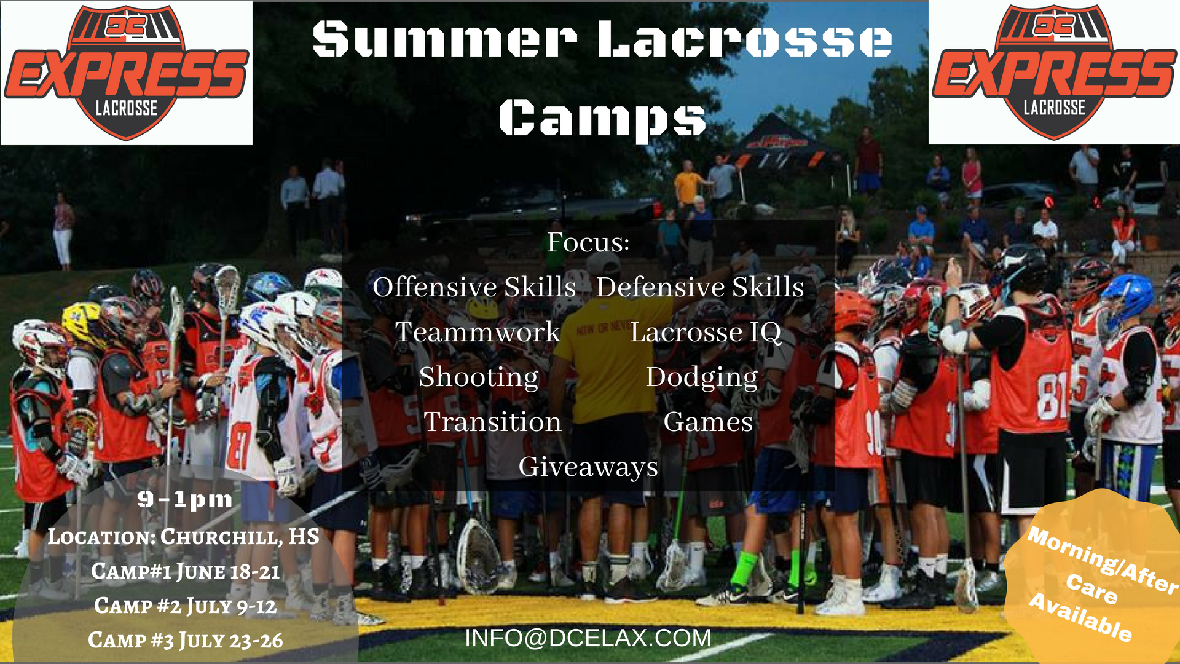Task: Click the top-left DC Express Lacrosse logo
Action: pos(126,73)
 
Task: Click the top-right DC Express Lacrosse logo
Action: pos(1053,73)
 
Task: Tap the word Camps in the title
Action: pos(602,118)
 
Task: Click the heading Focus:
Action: pos(588,242)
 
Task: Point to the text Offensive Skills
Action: pos(474,287)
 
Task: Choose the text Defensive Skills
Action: pos(700,287)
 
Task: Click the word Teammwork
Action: pos(478,332)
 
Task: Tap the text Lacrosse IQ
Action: pos(706,333)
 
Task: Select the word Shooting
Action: pos(479,377)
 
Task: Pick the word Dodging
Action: pos(702,377)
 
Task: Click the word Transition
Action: pos(492,422)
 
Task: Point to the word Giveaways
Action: pos(588,467)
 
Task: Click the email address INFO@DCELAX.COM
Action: pos(588,638)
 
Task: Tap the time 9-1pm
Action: pos(184,499)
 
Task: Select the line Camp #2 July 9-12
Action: pos(185,606)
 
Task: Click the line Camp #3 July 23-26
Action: pos(185,641)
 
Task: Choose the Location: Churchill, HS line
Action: pos(184,537)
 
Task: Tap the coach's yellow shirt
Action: pos(605,363)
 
